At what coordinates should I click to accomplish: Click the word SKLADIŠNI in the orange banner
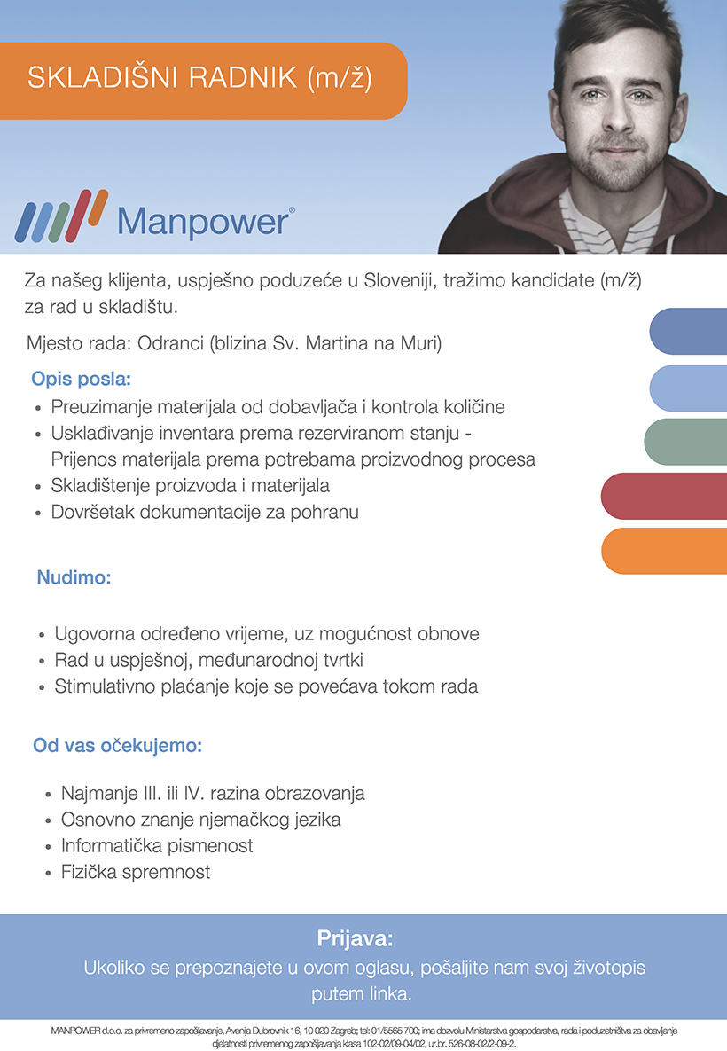(103, 78)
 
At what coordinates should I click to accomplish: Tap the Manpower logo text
(205, 221)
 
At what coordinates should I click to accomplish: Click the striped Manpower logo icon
(61, 216)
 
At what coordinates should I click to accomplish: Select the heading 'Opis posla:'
(81, 379)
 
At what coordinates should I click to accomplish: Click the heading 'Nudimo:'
(74, 577)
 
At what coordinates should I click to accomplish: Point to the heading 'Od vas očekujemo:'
(117, 745)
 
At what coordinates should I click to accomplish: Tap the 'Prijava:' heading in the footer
(356, 937)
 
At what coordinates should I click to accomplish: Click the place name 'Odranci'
(170, 343)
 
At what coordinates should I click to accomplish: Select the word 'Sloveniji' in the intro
(393, 280)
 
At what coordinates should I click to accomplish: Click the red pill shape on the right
(664, 496)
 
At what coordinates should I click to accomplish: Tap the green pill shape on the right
(685, 442)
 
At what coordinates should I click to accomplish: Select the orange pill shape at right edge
(664, 551)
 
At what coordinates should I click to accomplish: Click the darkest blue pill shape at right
(688, 331)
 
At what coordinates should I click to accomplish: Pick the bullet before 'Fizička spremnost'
(48, 874)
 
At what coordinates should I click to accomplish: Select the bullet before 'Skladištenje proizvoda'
(38, 488)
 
